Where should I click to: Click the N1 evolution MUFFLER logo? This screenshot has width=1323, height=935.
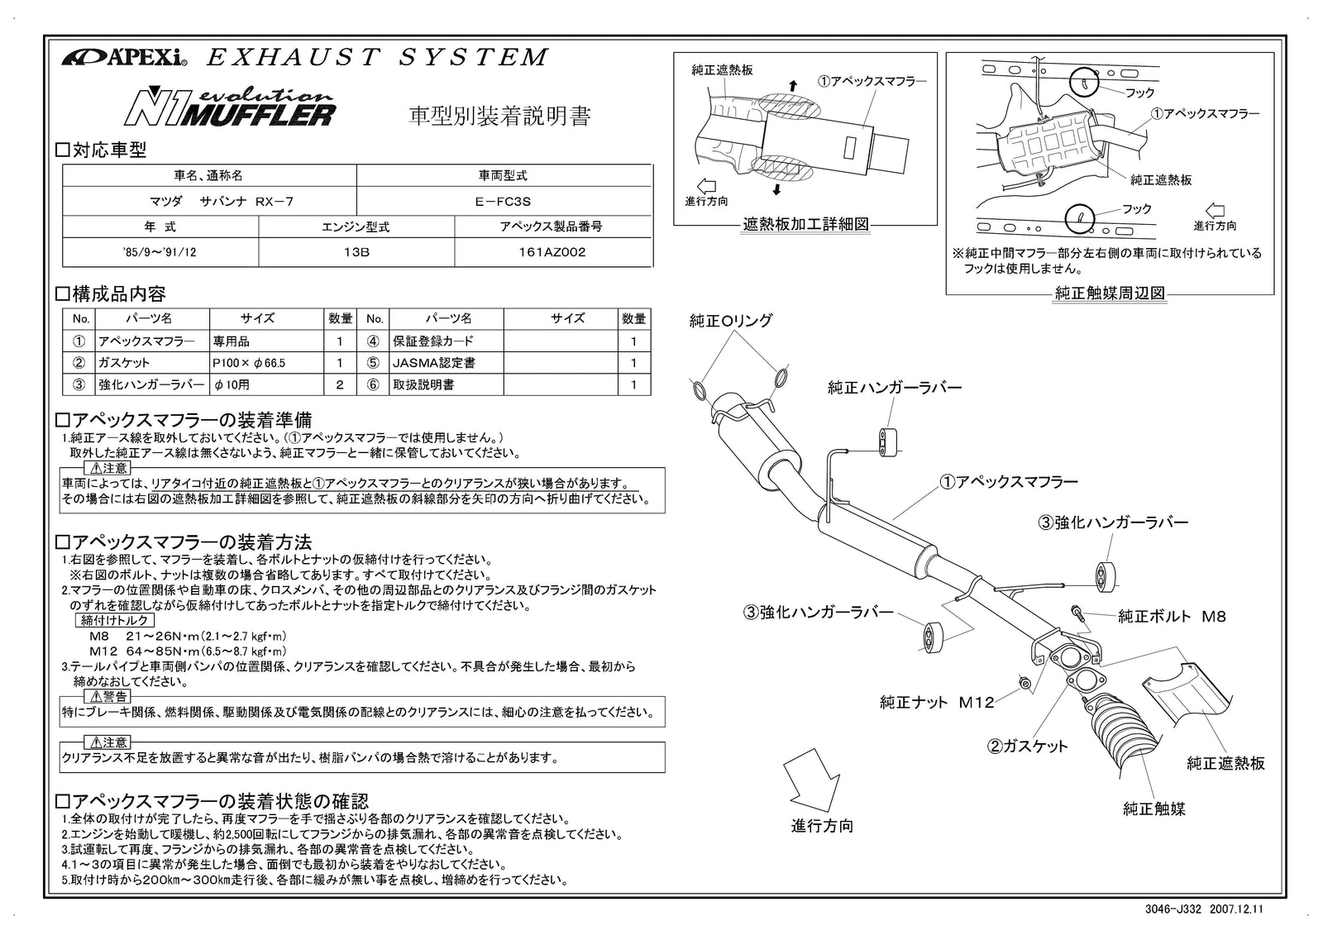(230, 104)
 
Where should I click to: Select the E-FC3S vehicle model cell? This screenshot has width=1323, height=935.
(503, 201)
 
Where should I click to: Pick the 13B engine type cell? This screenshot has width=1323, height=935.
(356, 252)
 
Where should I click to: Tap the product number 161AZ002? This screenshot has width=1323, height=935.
(553, 252)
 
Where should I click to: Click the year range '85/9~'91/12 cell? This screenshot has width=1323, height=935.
(160, 252)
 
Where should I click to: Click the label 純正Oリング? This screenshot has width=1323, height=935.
(731, 321)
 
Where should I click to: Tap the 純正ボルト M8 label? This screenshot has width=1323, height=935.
(1171, 616)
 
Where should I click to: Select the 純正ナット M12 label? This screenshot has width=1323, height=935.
(936, 703)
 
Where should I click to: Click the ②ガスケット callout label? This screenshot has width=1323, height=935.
(1027, 746)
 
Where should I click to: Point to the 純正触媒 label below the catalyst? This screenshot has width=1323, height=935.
(1153, 809)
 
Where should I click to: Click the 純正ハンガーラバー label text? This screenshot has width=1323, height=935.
(895, 387)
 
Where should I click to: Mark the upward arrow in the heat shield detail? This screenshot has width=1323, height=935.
(792, 84)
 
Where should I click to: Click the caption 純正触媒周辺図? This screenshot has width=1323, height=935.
(1110, 293)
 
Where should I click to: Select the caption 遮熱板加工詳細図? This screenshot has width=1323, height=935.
(805, 224)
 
